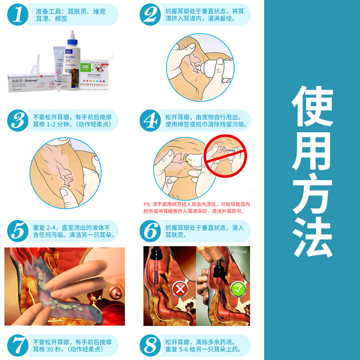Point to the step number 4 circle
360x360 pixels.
tap(150, 121)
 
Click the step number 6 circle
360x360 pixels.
tap(150, 231)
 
